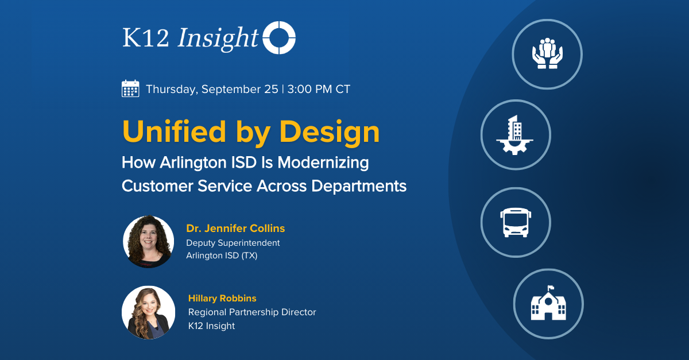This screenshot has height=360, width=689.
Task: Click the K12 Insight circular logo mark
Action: pos(279,38)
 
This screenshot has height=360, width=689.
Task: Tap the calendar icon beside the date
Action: pos(130,89)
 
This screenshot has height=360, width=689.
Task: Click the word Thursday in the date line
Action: pos(171,90)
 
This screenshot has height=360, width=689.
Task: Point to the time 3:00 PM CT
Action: pos(319,90)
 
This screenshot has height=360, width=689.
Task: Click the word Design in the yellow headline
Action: pos(330,131)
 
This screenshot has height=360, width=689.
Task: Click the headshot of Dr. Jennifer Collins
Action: pos(148,242)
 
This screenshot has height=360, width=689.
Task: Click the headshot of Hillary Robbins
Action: pos(148,312)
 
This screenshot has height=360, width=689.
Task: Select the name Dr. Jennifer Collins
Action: pos(235,229)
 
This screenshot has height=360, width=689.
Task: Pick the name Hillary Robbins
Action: pos(222,299)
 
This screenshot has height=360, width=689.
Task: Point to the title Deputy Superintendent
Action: pos(233,243)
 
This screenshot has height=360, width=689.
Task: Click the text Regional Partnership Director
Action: pos(252,312)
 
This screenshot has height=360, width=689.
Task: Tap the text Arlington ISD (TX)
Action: pos(222,256)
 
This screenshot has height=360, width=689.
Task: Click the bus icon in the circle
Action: pos(515,222)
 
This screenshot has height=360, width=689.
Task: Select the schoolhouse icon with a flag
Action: pos(548,304)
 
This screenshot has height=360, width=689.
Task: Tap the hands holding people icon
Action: pos(547,54)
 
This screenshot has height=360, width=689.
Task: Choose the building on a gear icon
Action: pos(515,134)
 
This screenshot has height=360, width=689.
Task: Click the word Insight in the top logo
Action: pos(218,38)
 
